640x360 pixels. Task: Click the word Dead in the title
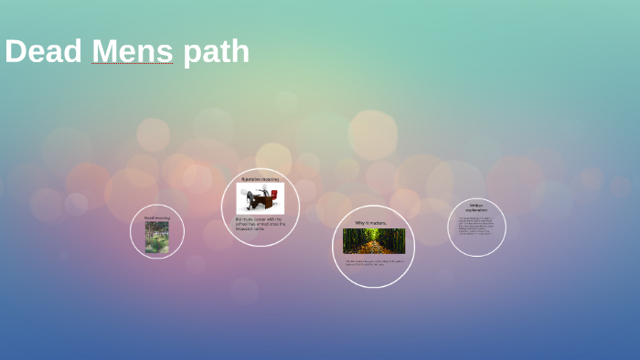click(43, 51)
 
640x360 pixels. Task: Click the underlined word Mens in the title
click(132, 51)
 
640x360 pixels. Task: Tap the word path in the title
click(216, 53)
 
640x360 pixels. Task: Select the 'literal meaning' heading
click(156, 217)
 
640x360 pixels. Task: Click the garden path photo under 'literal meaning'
click(156, 238)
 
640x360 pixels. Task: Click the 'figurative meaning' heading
click(260, 179)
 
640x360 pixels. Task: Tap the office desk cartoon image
click(261, 198)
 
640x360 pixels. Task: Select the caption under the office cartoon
click(261, 223)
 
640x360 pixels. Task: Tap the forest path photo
click(373, 241)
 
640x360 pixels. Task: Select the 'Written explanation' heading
click(476, 208)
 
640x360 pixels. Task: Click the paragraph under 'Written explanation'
click(476, 226)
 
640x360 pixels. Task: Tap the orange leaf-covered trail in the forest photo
click(373, 247)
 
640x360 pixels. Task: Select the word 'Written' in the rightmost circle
click(476, 206)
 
